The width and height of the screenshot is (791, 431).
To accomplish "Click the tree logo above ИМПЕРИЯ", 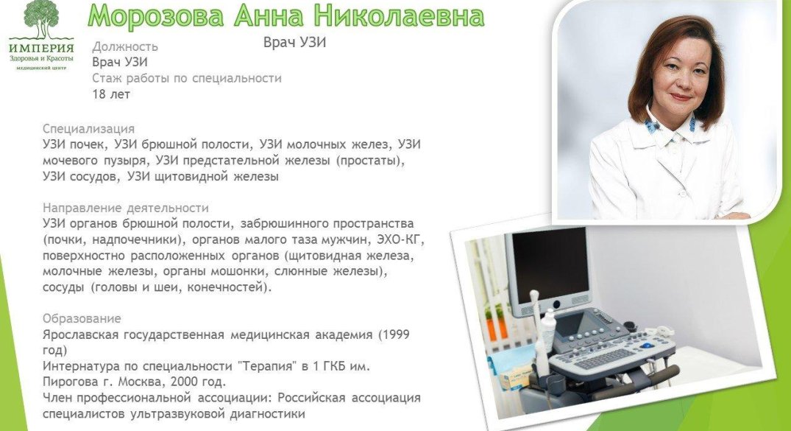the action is [41, 20].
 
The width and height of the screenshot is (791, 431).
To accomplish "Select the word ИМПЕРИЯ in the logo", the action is [41, 48].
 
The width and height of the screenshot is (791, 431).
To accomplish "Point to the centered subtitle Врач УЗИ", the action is [294, 42].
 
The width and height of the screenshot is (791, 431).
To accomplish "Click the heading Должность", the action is [125, 46].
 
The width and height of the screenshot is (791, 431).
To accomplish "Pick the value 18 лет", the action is [111, 94].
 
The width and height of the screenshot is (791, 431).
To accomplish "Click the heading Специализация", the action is [89, 128].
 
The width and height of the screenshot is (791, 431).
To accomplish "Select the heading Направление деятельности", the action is [126, 208].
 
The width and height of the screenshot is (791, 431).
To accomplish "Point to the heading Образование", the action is [82, 318].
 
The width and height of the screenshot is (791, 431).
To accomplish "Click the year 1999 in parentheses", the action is [396, 334].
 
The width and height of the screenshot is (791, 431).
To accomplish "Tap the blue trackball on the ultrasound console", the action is [646, 346].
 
